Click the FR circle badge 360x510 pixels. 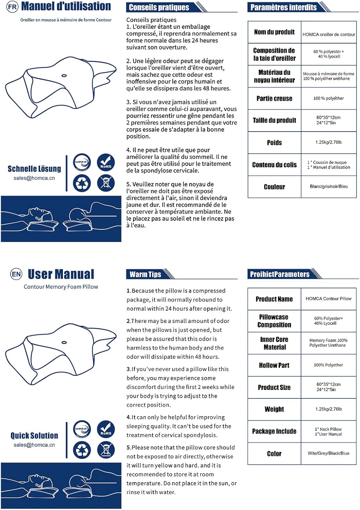coord(12,7)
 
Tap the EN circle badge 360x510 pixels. coord(16,274)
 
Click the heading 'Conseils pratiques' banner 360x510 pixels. coord(159,7)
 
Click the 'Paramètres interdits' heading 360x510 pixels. coord(283,7)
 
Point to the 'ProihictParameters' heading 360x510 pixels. coord(280,274)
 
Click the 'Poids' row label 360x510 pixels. coord(274,142)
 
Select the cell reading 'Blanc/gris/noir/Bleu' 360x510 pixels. coord(329,186)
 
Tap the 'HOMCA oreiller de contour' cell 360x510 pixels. coord(329,34)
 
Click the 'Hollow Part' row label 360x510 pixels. coord(274,365)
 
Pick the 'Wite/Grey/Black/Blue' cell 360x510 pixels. coord(329,453)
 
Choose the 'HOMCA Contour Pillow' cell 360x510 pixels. coord(329,299)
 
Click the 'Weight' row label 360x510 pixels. coord(274,409)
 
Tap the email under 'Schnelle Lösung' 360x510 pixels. coord(34,178)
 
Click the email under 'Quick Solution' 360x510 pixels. coord(34,445)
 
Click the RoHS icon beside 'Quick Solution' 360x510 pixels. coord(106,429)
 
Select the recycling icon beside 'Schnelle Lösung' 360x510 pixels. coord(82,183)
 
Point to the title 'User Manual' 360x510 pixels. coord(61,274)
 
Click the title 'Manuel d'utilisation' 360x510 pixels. coord(66,6)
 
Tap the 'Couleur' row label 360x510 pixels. coord(274,187)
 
